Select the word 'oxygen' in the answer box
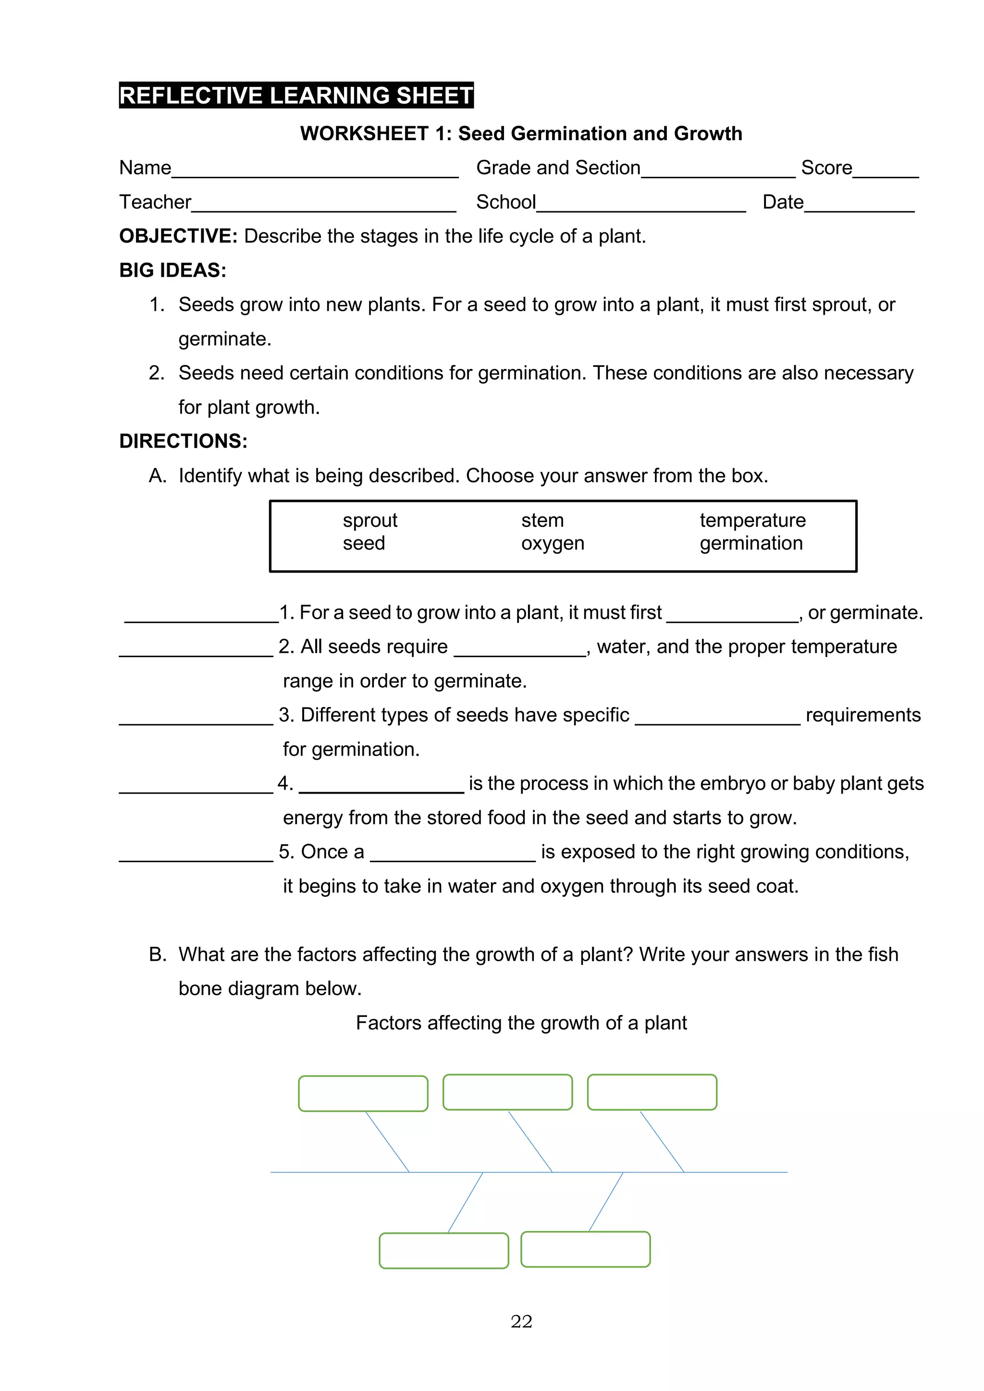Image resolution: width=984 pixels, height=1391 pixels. pos(552,543)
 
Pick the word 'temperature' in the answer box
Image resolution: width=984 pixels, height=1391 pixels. pos(752,520)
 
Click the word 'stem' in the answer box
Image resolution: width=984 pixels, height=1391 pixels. pos(542,520)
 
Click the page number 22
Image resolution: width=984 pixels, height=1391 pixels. pos(521,1321)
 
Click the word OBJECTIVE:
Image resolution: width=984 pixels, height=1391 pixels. pos(178,236)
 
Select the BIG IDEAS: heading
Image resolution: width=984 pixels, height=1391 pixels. pos(172,270)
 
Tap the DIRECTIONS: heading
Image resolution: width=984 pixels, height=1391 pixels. pos(183,441)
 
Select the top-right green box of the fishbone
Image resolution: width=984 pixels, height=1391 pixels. pos(652,1092)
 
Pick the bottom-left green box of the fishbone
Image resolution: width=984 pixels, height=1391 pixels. pos(443,1250)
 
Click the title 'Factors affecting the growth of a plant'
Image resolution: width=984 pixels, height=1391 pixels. pos(521,1023)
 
